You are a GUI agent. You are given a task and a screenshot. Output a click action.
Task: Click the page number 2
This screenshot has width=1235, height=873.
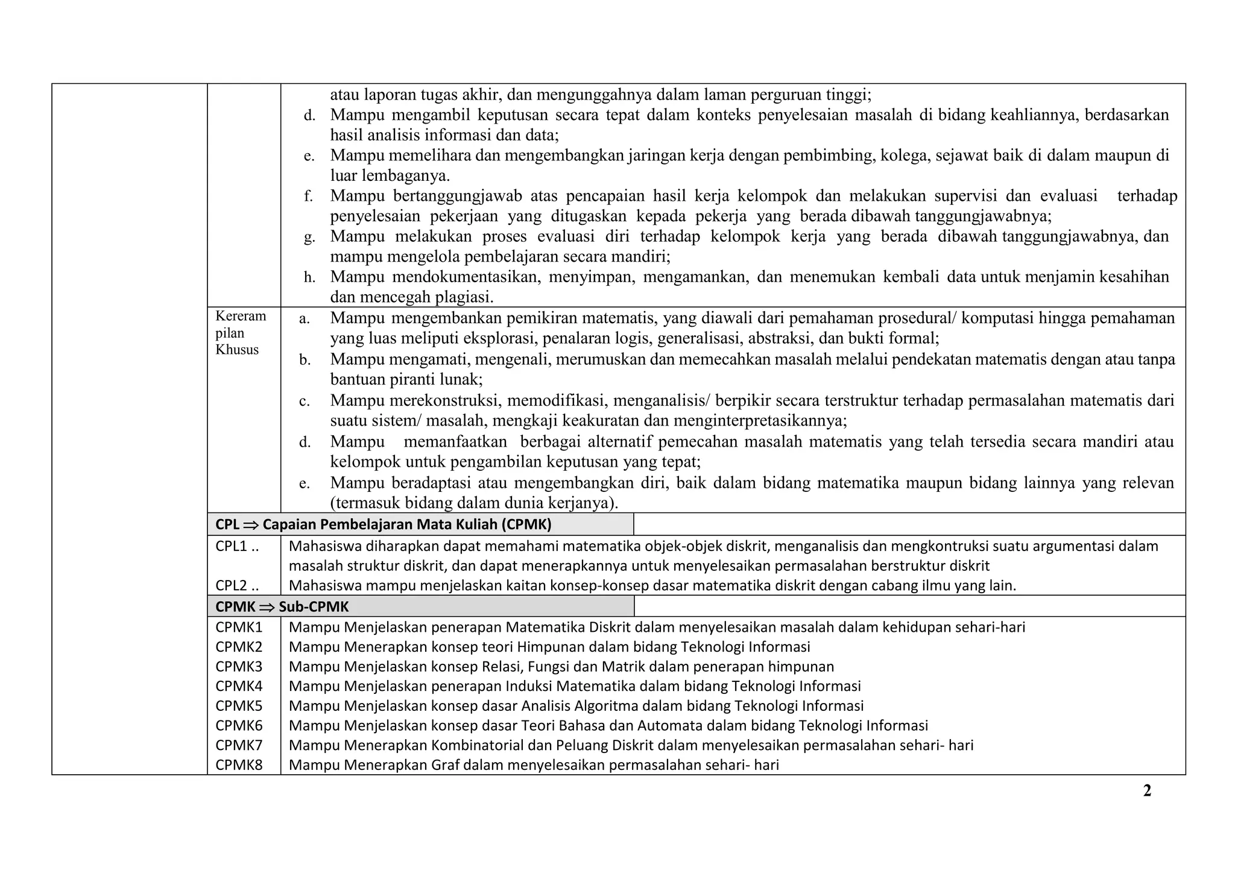point(1147,790)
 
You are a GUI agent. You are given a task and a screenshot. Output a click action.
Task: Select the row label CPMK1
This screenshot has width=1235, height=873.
point(239,627)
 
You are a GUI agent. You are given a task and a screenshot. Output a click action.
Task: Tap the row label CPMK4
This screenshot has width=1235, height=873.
point(239,686)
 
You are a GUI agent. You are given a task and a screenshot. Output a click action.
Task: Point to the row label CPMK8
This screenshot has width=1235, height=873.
point(239,765)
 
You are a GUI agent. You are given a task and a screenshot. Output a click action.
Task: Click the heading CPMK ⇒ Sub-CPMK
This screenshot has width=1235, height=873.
point(282,607)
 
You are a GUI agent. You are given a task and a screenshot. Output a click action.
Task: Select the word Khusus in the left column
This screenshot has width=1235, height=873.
point(237,350)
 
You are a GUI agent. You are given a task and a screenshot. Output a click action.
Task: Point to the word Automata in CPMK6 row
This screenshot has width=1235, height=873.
point(665,725)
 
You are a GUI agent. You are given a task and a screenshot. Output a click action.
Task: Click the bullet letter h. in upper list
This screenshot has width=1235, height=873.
point(309,277)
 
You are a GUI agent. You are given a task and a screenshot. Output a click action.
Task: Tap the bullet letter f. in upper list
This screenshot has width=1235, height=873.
point(308,196)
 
